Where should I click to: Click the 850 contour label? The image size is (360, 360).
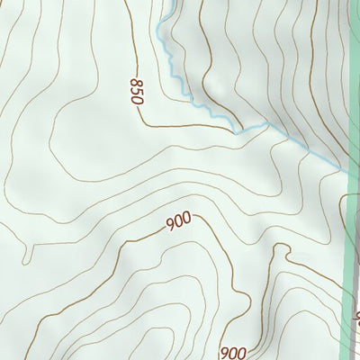(136, 91)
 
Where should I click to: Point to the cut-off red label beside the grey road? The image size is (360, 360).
(356, 317)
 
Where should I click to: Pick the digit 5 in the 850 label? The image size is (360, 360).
(136, 91)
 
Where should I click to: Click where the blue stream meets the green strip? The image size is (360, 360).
(346, 169)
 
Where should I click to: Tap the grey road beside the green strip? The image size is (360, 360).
(358, 270)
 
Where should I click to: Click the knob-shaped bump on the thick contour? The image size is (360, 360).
(240, 297)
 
